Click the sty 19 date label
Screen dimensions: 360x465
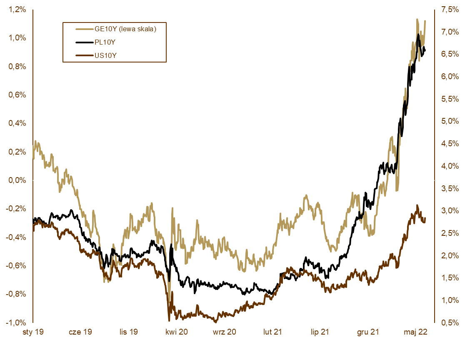pyautogui.click(x=33, y=332)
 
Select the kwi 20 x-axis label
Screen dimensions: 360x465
pyautogui.click(x=177, y=332)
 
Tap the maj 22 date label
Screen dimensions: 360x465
pyautogui.click(x=416, y=332)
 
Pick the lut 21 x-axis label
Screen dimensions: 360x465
pyautogui.click(x=272, y=332)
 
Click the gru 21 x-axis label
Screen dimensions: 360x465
pyautogui.click(x=368, y=332)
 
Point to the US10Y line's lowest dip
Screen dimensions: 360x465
pyautogui.click(x=169, y=320)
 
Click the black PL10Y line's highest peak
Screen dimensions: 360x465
pyautogui.click(x=418, y=35)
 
